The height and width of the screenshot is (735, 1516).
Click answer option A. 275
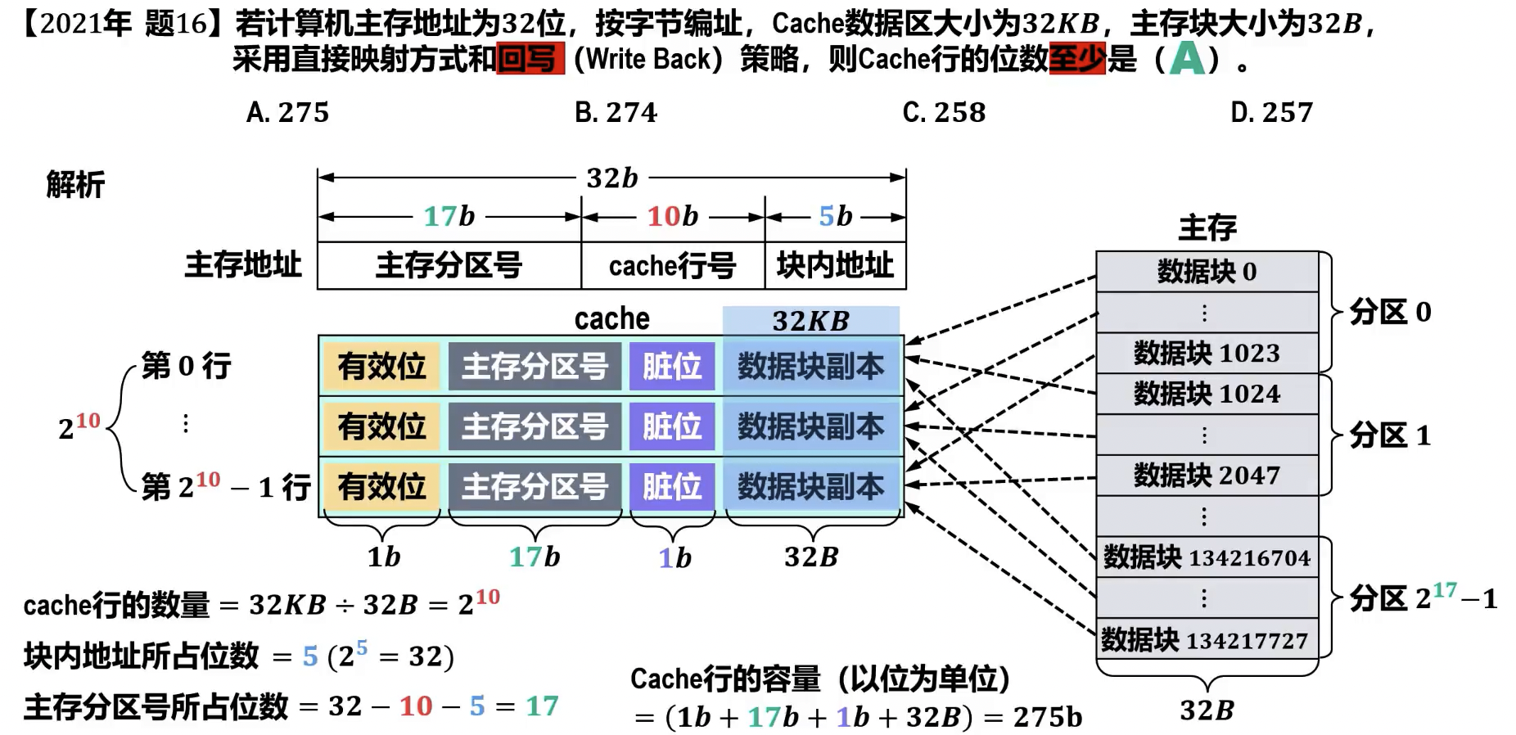click(287, 112)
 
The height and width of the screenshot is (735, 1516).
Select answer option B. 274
click(616, 112)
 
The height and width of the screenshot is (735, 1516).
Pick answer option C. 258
click(944, 112)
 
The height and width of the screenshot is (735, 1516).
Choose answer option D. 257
click(1271, 112)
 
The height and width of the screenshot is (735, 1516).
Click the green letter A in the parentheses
click(1187, 59)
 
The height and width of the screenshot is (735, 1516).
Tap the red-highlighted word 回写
click(530, 59)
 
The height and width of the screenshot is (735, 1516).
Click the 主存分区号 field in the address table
click(449, 265)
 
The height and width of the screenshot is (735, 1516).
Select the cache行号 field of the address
click(672, 265)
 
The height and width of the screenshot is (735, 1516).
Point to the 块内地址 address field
click(835, 265)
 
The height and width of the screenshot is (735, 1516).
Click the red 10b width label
click(672, 216)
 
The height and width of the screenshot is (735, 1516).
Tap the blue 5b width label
click(835, 216)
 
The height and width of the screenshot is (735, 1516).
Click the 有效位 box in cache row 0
click(382, 366)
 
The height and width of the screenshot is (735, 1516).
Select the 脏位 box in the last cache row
click(672, 486)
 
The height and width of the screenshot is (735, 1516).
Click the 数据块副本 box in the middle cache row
click(811, 426)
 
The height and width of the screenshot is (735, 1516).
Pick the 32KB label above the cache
click(810, 321)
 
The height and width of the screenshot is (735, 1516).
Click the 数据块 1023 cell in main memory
click(1207, 353)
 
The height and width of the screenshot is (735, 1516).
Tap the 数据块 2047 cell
click(1207, 475)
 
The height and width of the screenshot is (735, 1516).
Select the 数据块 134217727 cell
click(1207, 640)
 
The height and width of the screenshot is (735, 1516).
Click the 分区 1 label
click(1390, 435)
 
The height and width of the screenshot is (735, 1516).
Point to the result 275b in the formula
click(1047, 717)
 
